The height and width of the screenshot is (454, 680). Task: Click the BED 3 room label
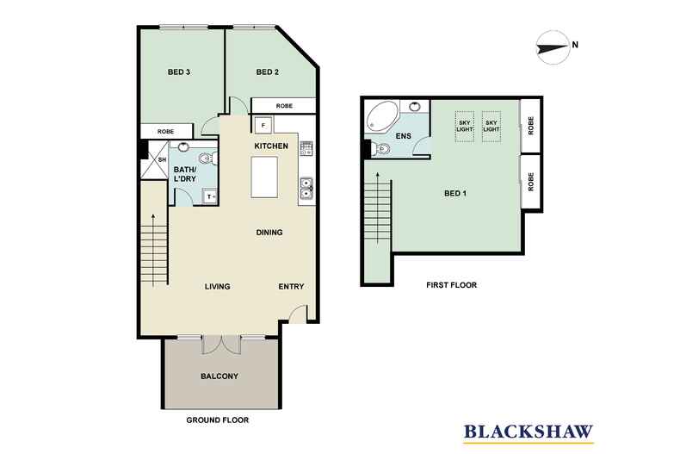[x=179, y=72]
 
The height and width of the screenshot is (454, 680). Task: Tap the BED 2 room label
[x=267, y=72]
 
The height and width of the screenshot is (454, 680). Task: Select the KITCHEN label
[x=271, y=146]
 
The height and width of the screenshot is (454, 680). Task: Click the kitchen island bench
[x=264, y=177]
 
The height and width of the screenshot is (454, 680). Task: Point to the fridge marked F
[x=263, y=125]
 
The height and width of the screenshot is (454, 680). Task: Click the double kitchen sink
[x=306, y=189]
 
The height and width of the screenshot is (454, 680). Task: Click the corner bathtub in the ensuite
[x=381, y=116]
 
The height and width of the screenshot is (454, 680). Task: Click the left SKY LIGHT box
[x=465, y=127]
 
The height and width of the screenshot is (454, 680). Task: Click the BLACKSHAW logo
[x=529, y=432]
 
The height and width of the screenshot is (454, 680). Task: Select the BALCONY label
[x=219, y=376]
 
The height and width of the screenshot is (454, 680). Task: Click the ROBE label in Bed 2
[x=284, y=106]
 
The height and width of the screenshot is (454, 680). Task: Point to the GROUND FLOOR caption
[x=218, y=420]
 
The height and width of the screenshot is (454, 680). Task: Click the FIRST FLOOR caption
[x=451, y=285]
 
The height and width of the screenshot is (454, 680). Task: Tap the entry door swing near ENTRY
[x=299, y=314]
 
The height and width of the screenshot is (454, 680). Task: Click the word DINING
[x=269, y=233]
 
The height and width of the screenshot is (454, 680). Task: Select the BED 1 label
[x=455, y=194]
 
